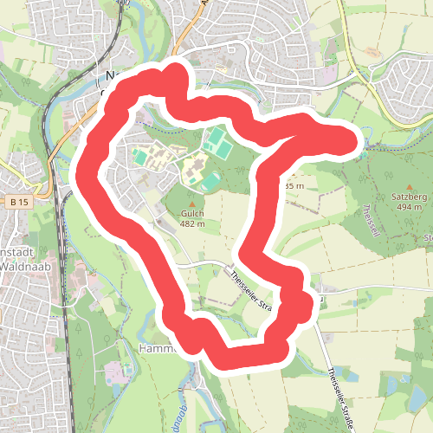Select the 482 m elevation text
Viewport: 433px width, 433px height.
point(193,224)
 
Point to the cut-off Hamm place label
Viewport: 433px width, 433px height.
point(157,347)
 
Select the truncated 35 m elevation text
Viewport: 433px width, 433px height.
point(294,185)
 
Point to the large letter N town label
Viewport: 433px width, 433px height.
point(110,75)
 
